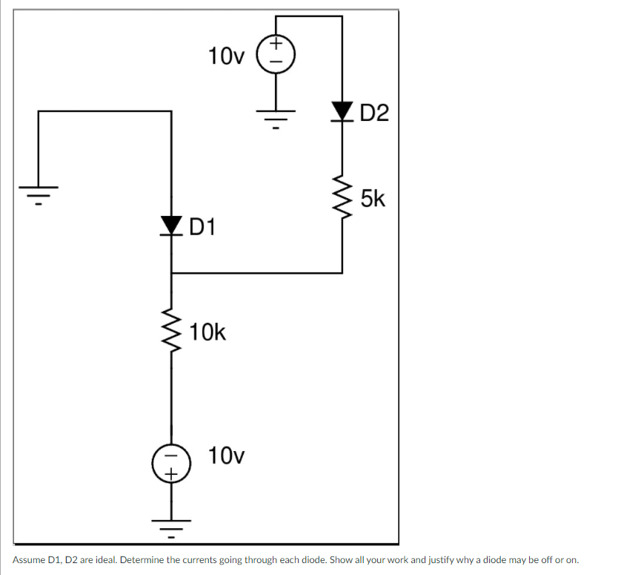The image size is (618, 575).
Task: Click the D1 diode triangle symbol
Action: [x=172, y=223]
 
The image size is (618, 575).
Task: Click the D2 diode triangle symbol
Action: [x=342, y=112]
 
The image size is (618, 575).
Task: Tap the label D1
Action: [x=201, y=225]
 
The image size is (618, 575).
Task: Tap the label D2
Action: [x=373, y=114]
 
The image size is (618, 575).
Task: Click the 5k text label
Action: [x=373, y=199]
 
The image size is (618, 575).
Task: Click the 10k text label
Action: [x=207, y=332]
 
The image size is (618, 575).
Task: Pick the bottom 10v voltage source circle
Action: [x=172, y=462]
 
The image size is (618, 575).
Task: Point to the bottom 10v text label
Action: [x=225, y=455]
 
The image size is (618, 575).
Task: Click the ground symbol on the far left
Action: [x=39, y=194]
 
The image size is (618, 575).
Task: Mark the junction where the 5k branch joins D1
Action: [x=172, y=273]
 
